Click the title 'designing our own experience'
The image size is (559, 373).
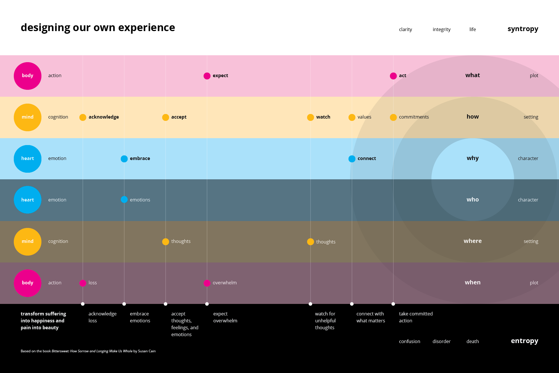point(98,28)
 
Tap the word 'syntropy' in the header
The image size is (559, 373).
point(523,29)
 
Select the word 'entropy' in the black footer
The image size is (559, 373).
point(524,341)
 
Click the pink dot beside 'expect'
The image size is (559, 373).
point(207,76)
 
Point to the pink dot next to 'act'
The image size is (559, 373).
point(393,76)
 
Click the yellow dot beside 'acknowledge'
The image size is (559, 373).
point(83,117)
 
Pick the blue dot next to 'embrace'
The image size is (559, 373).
point(124,159)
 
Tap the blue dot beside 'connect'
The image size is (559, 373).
point(352,159)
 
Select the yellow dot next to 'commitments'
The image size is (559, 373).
point(393,117)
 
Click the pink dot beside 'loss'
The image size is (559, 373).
point(83,283)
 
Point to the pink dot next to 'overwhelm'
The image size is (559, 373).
point(207,283)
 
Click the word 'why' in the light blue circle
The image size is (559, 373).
point(473,158)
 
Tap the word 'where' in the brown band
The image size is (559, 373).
point(473,241)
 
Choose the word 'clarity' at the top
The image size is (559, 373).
point(405,30)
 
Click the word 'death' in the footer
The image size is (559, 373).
point(473,342)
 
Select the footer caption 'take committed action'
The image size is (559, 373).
point(416,317)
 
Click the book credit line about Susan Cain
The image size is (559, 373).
point(88,351)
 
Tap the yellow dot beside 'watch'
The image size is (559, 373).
point(311,117)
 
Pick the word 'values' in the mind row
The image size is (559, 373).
point(364,117)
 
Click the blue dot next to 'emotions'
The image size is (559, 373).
point(124,199)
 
